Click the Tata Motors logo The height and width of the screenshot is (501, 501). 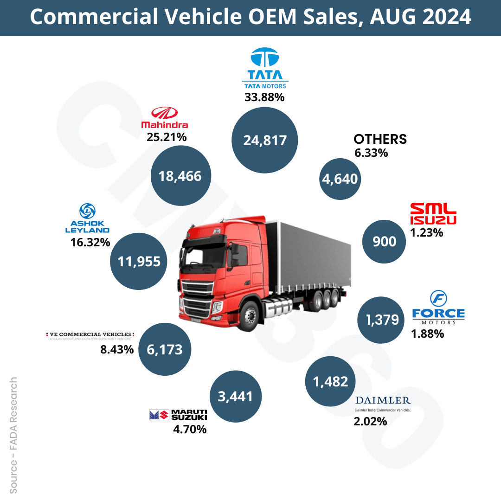point(265,68)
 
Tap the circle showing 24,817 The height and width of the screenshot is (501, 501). point(265,140)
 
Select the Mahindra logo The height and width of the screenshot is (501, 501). point(164,118)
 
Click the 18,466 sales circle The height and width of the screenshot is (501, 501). point(180,176)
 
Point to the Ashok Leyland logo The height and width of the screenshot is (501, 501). point(87,218)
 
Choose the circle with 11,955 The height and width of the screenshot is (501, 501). point(139,261)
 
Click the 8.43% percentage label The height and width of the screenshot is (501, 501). point(117,349)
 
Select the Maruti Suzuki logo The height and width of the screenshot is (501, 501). point(178,415)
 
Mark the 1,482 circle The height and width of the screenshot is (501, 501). point(330,381)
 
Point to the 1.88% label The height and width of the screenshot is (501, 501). point(427,333)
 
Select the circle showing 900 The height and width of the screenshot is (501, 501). point(385,241)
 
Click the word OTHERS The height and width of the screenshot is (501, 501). point(380,139)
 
